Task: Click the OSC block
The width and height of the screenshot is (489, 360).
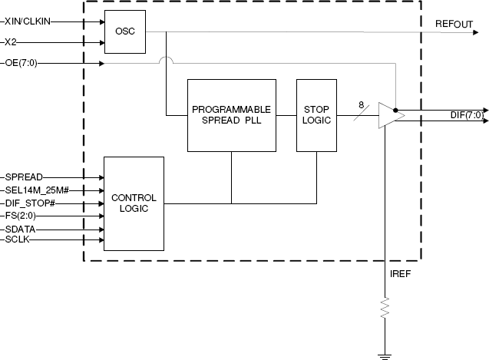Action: point(124,32)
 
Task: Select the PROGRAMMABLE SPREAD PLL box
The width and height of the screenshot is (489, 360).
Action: point(231,115)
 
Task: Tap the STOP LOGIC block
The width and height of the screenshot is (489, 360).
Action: point(316,115)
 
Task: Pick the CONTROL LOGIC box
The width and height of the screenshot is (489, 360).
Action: point(134,203)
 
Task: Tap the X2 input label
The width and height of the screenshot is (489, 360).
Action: point(11,42)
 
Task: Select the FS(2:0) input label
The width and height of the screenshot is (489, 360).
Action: point(21,216)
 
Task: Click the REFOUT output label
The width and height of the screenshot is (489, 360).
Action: point(454,25)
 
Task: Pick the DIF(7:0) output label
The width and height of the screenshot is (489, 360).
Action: point(466,115)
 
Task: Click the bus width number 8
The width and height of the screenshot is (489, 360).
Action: point(361,105)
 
